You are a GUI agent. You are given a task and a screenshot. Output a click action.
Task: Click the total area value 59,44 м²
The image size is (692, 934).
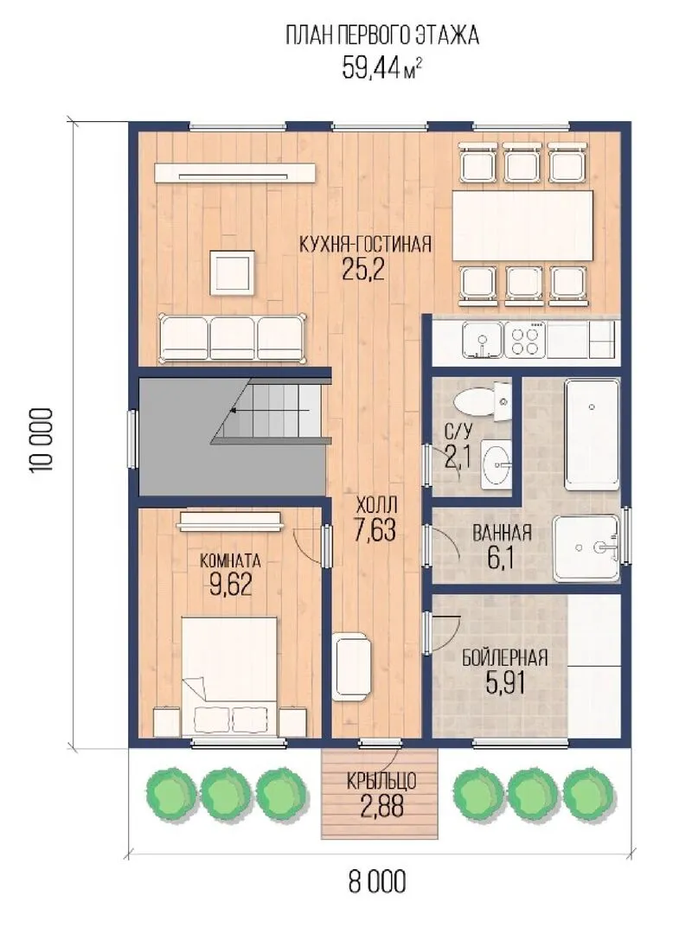[x=382, y=67]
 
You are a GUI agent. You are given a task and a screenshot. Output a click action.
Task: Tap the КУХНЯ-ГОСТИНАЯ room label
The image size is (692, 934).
[x=365, y=244]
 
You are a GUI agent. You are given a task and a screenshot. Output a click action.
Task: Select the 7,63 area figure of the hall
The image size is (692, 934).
[x=375, y=529]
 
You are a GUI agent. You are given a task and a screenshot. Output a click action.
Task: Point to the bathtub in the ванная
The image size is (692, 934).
[x=592, y=435]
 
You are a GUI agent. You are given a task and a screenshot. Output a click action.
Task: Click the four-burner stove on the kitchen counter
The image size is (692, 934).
[x=524, y=340]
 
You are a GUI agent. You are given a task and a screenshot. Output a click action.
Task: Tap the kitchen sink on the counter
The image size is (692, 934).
[x=483, y=340]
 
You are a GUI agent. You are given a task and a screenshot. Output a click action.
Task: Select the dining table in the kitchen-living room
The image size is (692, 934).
[x=522, y=226]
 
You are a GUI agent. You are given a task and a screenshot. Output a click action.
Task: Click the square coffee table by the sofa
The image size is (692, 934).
[x=232, y=272]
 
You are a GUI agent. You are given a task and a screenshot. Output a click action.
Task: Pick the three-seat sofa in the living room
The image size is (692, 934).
[x=233, y=338]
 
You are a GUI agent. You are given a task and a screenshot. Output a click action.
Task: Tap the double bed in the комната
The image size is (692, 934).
[x=229, y=675]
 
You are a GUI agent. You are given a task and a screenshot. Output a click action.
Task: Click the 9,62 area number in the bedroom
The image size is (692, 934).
[x=230, y=585]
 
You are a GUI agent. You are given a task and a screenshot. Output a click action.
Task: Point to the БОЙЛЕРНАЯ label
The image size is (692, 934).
[x=505, y=658]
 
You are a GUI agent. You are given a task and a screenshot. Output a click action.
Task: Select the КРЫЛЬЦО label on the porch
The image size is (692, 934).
[x=381, y=781]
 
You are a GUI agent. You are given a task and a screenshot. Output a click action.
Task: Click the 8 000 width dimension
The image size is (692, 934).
[x=376, y=881]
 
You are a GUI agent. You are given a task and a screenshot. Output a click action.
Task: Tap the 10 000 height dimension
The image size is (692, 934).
[x=42, y=439]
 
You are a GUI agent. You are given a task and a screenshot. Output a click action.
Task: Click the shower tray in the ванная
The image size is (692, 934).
[x=586, y=548]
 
